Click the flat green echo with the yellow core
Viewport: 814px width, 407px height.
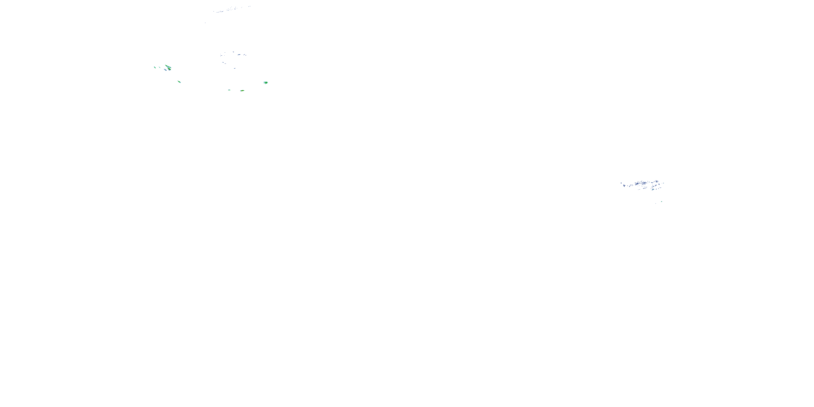tap(242, 91)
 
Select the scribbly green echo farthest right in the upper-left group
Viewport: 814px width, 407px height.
tap(266, 82)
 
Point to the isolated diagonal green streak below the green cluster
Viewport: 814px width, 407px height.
tap(179, 82)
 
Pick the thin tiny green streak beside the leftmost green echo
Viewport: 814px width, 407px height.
tap(160, 67)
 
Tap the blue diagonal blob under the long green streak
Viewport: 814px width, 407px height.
tap(165, 70)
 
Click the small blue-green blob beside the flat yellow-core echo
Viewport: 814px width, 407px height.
tap(229, 90)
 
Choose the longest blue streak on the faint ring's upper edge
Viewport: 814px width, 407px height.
tap(239, 55)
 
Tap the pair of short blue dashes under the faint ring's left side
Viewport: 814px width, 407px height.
tap(224, 63)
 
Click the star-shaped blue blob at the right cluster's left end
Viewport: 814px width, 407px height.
tap(624, 186)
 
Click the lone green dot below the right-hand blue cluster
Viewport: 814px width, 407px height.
tap(662, 202)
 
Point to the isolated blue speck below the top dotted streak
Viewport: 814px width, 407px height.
tap(205, 23)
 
